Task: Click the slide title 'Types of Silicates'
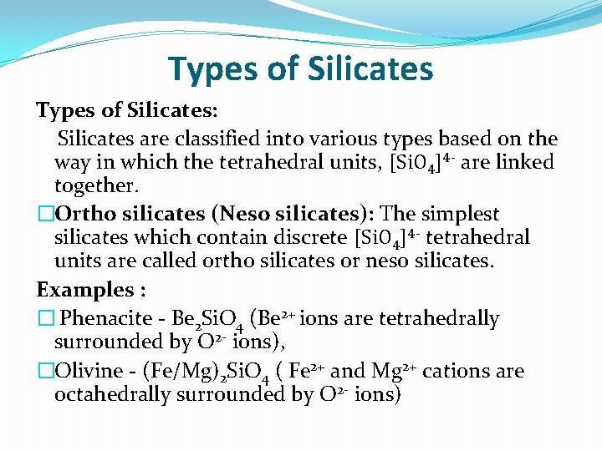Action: point(300,68)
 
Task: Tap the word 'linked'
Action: point(524,162)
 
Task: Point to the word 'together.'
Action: point(94,185)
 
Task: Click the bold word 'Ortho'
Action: point(85,214)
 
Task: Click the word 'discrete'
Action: point(309,237)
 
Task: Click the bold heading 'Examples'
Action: point(84,290)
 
